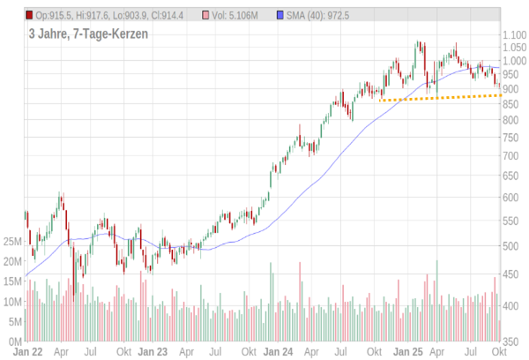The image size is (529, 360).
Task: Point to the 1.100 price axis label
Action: click(x=513, y=34)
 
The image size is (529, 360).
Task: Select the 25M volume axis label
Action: click(x=12, y=242)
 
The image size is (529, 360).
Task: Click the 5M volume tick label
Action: click(x=15, y=321)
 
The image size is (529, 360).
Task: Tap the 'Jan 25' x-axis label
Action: click(x=407, y=351)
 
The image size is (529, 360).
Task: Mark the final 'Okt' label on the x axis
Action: click(x=499, y=351)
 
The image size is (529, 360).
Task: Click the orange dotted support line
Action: click(x=441, y=97)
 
